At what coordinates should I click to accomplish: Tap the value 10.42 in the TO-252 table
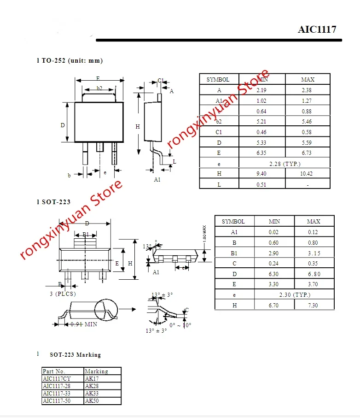[x=307, y=174]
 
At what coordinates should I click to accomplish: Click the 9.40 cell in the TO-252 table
[x=261, y=174]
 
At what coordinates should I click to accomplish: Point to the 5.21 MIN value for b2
[x=261, y=122]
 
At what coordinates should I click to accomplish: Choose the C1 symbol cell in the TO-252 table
[x=219, y=132]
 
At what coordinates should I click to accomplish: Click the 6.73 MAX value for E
[x=307, y=153]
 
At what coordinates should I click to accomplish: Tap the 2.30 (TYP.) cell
[x=294, y=294]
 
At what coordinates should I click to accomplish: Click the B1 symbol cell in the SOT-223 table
[x=234, y=253]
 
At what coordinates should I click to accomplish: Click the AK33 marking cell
[x=92, y=393]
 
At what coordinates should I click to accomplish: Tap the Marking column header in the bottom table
[x=96, y=371]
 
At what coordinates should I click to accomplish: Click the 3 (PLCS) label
[x=63, y=294]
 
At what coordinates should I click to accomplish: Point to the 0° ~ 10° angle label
[x=180, y=325]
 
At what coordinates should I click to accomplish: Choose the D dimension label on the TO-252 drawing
[x=63, y=125]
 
